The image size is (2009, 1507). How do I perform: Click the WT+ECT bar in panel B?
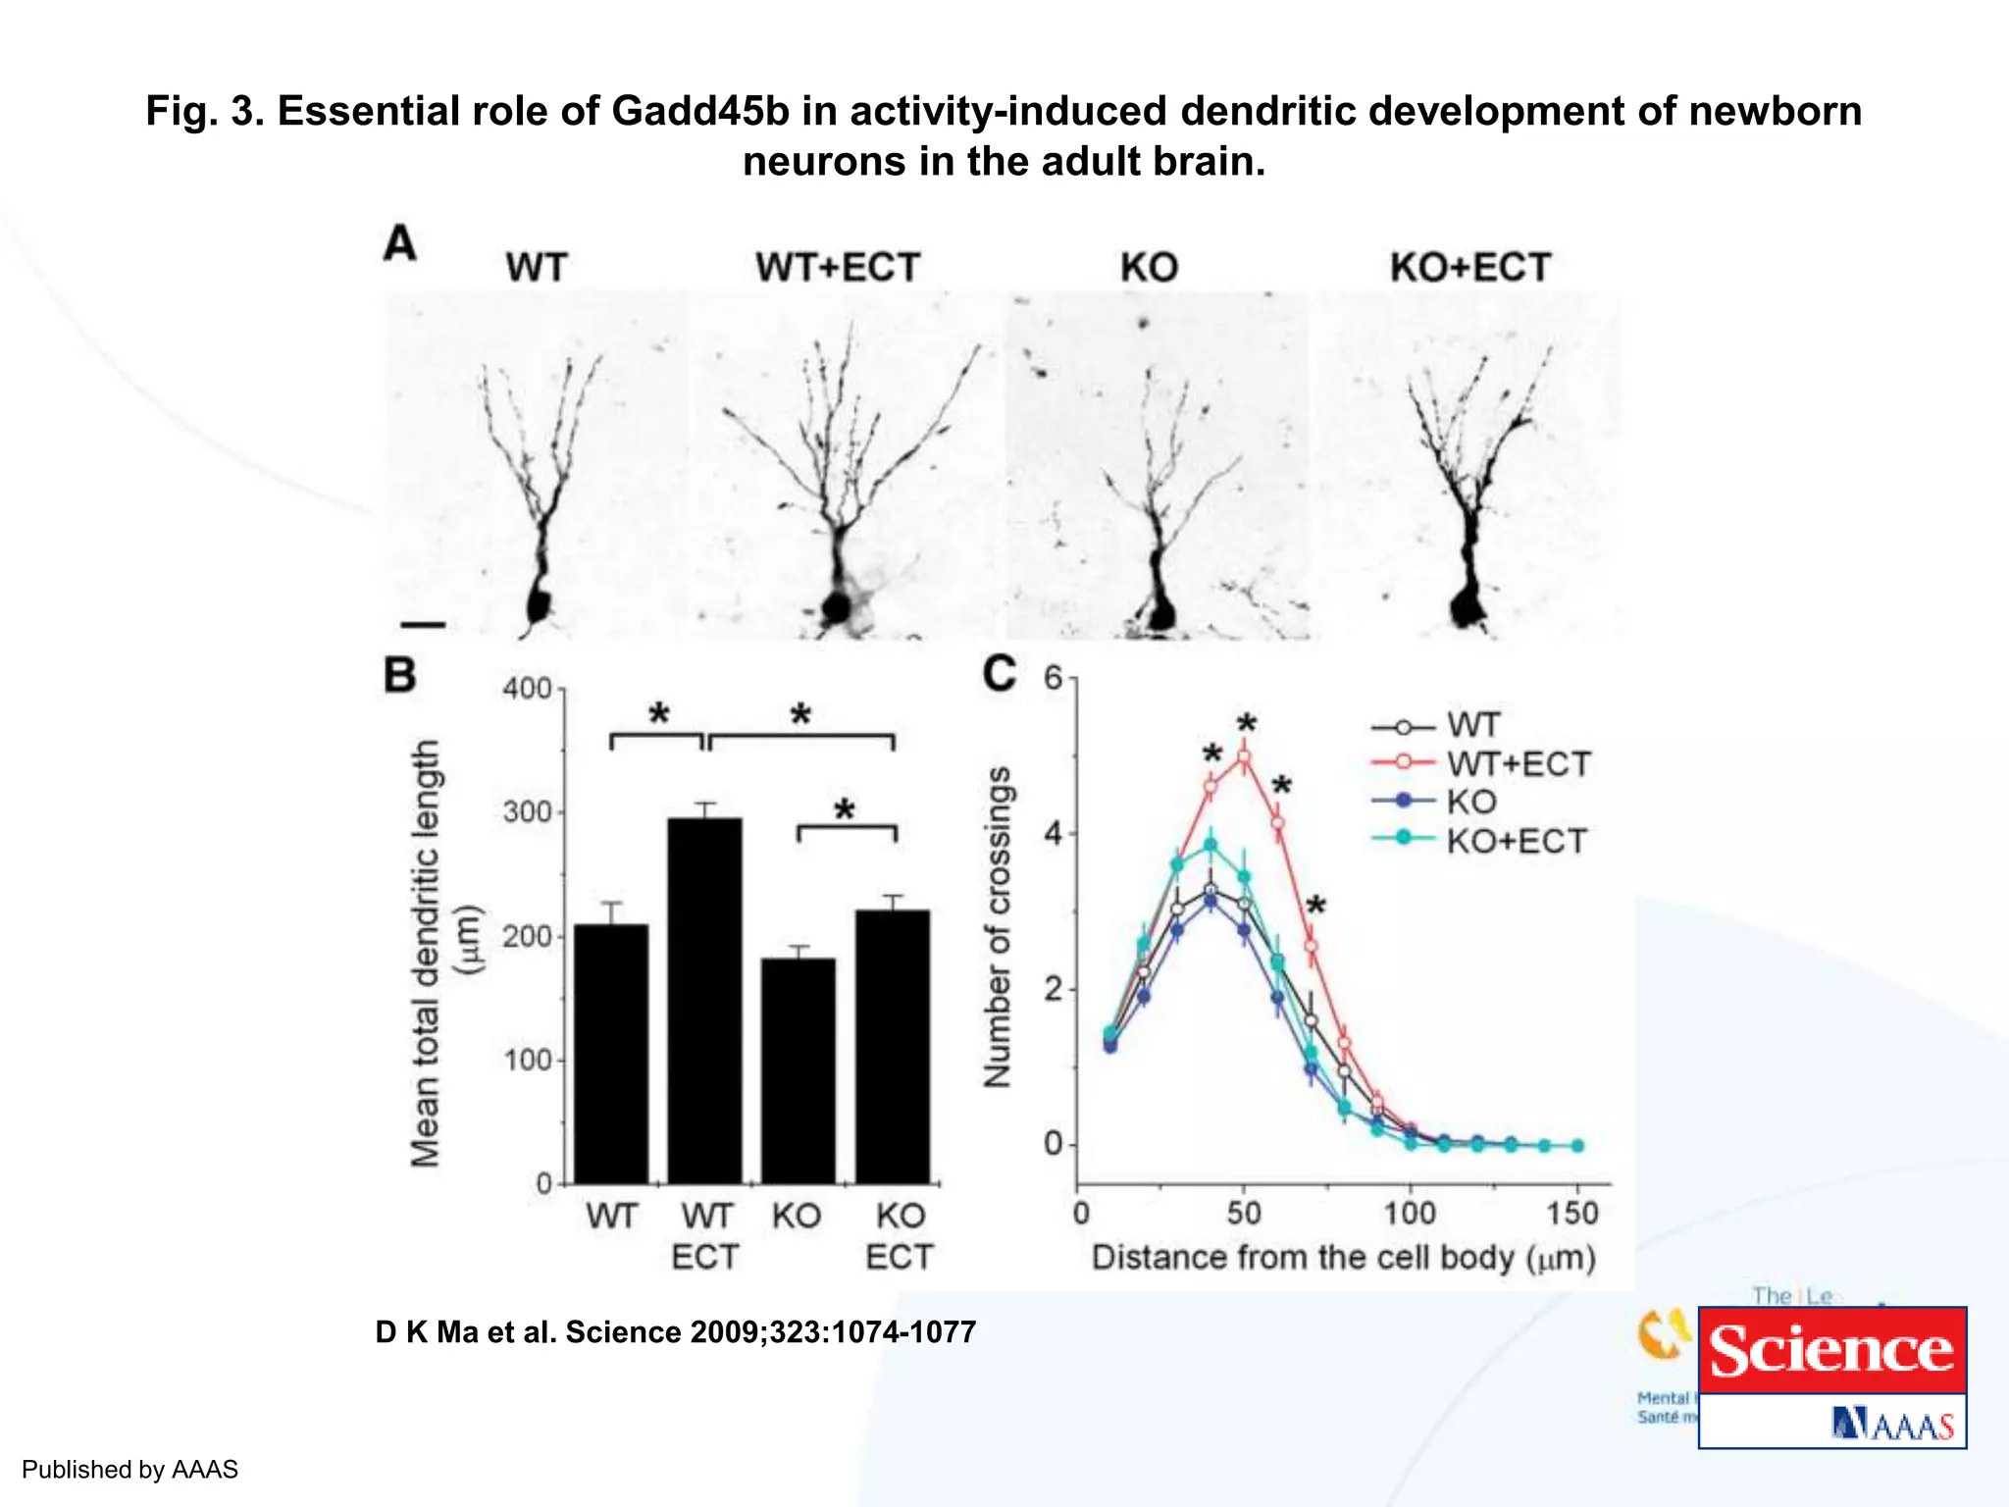[x=704, y=1001]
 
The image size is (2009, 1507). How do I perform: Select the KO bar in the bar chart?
[x=798, y=1069]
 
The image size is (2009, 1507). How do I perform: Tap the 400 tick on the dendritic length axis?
[x=528, y=689]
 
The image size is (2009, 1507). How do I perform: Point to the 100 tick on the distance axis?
[x=1410, y=1214]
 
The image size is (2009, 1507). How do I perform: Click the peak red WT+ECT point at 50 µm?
[x=1244, y=757]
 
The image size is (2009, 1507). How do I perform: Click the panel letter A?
[x=400, y=243]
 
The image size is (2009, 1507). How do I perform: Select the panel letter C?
[x=999, y=675]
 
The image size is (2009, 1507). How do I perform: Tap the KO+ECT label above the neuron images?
[x=1469, y=267]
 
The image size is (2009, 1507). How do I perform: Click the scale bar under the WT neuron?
[x=424, y=625]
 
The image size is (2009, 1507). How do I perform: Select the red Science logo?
[x=1831, y=1351]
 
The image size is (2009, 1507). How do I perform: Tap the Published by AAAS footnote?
[x=129, y=1469]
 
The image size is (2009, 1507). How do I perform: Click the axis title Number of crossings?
[x=998, y=927]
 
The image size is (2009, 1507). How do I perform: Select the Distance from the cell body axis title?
[x=1343, y=1258]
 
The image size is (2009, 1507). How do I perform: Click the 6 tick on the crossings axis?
[x=1054, y=678]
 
